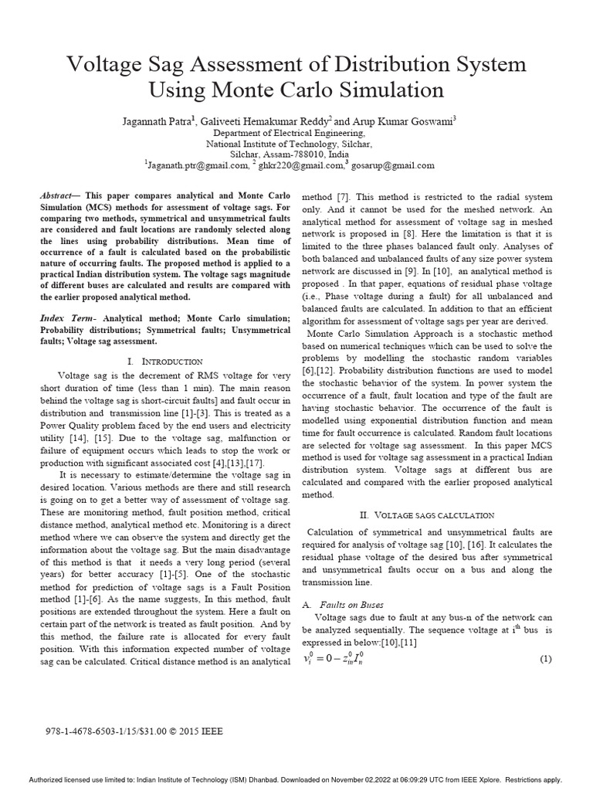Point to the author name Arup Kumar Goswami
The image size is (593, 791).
pos(398,121)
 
